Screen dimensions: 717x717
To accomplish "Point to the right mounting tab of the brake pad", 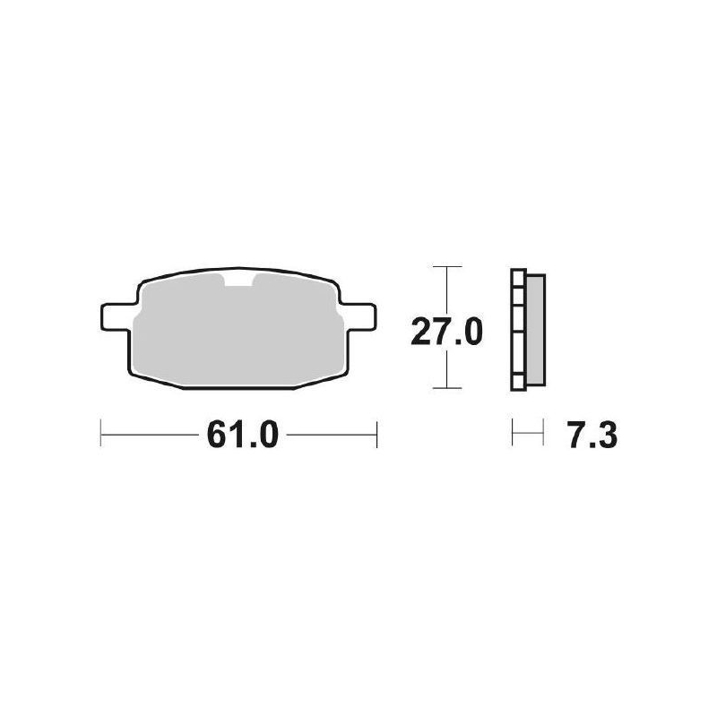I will pos(359,316).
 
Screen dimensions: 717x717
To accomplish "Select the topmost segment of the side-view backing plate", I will pos(517,277).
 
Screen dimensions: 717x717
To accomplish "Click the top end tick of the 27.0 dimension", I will pos(446,267).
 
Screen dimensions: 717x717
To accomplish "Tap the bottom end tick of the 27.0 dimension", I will pos(446,388).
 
